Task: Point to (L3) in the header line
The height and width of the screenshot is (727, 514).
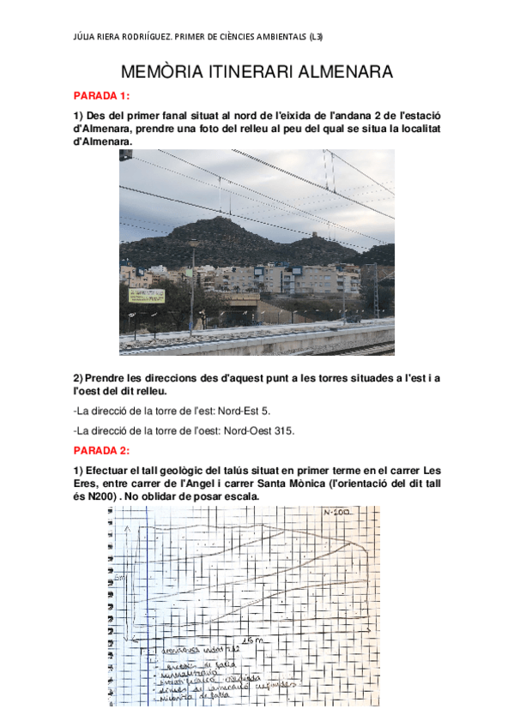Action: (314, 36)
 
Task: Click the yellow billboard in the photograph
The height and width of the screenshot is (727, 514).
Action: (147, 295)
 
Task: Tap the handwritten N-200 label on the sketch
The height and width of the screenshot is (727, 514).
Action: (337, 513)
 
